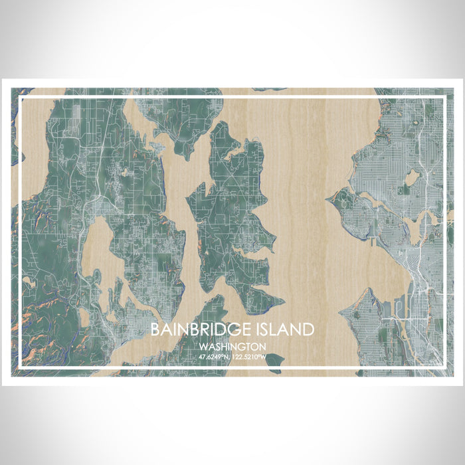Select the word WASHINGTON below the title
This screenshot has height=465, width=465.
coord(232,347)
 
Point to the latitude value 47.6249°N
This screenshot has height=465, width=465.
coord(214,357)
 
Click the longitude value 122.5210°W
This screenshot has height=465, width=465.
coord(250,357)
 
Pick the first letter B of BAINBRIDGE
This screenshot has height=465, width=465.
coord(154,329)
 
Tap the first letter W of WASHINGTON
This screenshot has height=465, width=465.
coord(202,347)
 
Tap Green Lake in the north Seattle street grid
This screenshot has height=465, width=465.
coord(412,177)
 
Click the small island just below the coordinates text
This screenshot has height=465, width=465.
coord(274,362)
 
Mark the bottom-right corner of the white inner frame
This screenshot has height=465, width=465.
coord(443,367)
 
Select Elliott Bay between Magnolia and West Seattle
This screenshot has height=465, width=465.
coord(385,266)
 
